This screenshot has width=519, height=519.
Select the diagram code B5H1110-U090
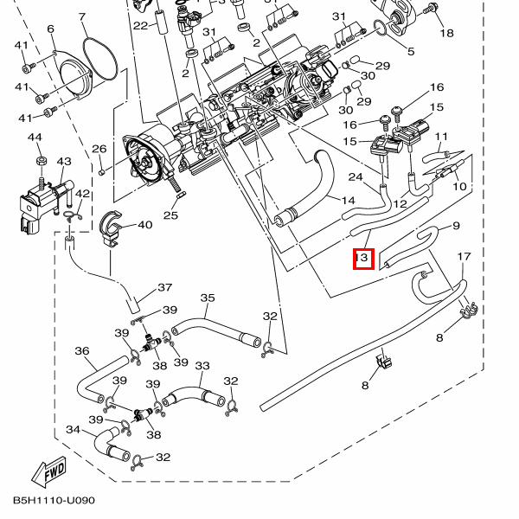coord(54,501)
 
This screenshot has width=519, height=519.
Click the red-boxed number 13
coord(362,258)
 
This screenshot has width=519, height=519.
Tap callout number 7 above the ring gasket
coord(82,18)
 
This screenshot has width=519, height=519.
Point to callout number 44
coord(35,138)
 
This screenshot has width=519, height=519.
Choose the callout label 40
coord(144,225)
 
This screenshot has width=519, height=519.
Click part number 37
coord(164,288)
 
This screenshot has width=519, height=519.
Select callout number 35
coord(207,298)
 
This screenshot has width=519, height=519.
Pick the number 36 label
coord(83,351)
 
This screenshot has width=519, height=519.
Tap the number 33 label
coord(202,367)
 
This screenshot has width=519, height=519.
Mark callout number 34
coord(74,430)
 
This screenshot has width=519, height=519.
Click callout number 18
coord(446,33)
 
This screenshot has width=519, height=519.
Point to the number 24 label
coord(356,177)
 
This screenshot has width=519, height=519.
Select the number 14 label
coord(348,201)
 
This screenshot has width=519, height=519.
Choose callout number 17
coord(465,257)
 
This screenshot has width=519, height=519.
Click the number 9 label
coord(456,226)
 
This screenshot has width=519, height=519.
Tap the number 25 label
coord(170,215)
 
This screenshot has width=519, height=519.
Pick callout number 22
coord(140,25)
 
